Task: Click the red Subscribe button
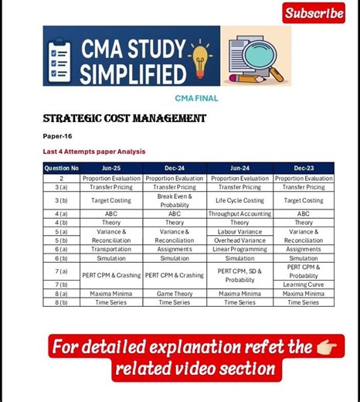point(314,13)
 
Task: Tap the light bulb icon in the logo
point(200,56)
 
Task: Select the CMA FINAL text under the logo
point(196,98)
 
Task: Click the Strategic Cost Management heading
point(124,118)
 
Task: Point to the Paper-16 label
point(57,136)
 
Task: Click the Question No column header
point(61,168)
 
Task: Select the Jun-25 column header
point(111,168)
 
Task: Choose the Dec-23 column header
point(304,168)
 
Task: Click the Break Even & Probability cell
point(175,200)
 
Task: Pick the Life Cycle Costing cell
point(239,200)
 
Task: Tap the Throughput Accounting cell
point(239,213)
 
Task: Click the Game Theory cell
point(175,294)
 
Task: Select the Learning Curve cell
point(304,284)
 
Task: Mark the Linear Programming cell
point(239,249)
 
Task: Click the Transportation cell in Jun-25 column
point(111,249)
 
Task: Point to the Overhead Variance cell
point(239,240)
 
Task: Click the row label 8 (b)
point(61,302)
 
